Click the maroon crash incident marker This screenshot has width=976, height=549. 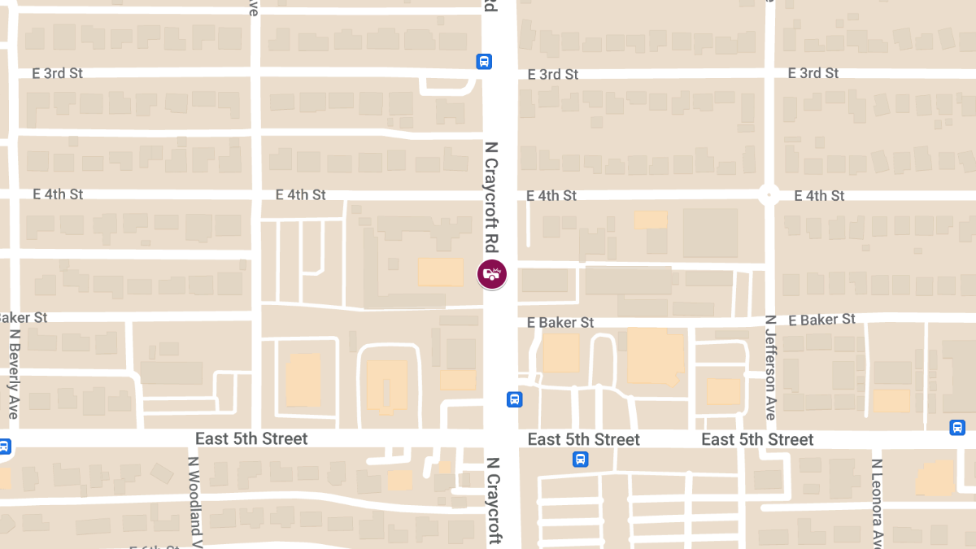tap(492, 273)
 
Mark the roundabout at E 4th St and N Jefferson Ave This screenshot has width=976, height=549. tap(769, 195)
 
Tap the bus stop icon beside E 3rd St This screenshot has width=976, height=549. tap(484, 61)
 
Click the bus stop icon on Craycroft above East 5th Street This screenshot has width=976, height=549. tap(515, 399)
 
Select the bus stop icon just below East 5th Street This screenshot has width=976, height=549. tap(580, 460)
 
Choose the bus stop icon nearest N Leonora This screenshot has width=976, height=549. tap(957, 428)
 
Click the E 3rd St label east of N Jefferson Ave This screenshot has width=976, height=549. tap(813, 73)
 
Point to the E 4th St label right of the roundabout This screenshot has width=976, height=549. tap(819, 195)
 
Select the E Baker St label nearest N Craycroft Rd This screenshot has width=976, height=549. tap(560, 323)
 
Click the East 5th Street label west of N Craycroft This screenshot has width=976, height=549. tap(251, 439)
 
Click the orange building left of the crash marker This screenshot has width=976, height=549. tap(440, 272)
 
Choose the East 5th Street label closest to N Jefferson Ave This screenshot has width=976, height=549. tap(757, 440)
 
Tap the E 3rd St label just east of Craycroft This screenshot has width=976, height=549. tap(553, 74)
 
